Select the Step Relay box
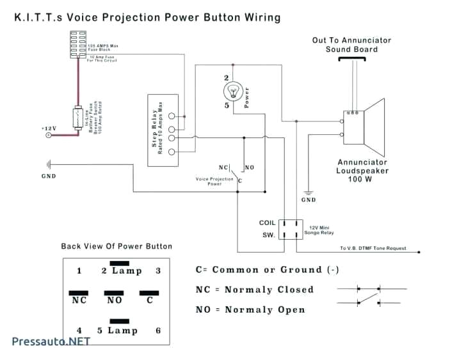click(x=163, y=130)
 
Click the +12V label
click(x=49, y=129)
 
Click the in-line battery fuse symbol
click(x=77, y=119)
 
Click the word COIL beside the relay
click(x=267, y=223)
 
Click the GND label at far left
click(x=49, y=176)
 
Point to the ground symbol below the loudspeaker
click(x=308, y=192)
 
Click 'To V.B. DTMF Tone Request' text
click(x=373, y=249)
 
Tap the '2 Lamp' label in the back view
click(x=121, y=270)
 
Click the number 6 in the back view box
click(x=157, y=331)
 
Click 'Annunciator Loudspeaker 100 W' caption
click(x=362, y=171)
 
